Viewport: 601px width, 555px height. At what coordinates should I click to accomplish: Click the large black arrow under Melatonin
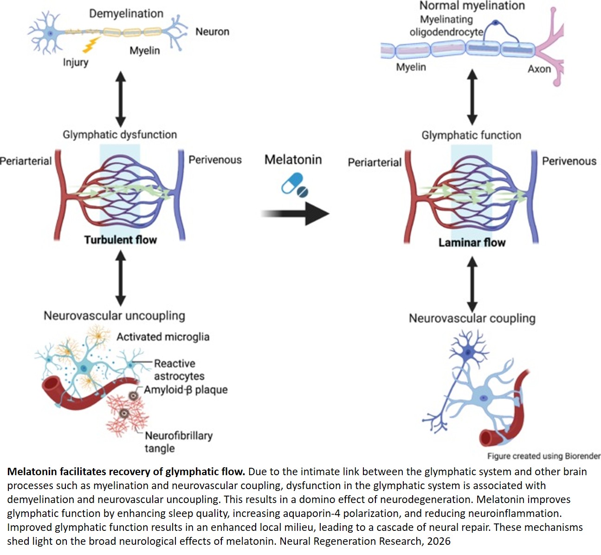pos(296,214)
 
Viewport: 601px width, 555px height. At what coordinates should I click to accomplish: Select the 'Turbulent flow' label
pos(120,240)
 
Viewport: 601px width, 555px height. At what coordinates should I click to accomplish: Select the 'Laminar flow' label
pos(472,243)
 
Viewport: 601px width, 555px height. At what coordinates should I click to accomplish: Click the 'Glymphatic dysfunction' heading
pos(120,135)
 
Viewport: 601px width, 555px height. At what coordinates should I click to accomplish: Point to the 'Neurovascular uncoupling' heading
pos(114,316)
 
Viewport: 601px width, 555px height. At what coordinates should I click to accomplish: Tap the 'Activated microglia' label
pos(162,337)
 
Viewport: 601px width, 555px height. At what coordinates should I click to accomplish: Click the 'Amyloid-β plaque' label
pos(186,390)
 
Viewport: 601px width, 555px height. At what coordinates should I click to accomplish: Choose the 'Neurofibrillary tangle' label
pos(178,442)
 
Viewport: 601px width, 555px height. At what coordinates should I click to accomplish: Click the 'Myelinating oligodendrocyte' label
pos(446,26)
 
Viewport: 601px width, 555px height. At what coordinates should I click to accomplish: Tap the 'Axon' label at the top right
pos(539,69)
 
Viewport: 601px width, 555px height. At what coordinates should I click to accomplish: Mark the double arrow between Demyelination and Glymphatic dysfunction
pos(120,98)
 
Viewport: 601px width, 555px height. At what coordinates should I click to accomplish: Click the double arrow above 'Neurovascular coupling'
pos(472,284)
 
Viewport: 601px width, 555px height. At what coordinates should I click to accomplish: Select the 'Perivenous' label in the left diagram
pos(215,160)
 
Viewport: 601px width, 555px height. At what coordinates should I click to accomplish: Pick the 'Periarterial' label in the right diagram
pos(375,162)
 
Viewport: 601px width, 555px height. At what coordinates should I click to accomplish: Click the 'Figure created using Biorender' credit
pos(543,456)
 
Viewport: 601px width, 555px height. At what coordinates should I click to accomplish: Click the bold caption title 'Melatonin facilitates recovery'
pos(126,472)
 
